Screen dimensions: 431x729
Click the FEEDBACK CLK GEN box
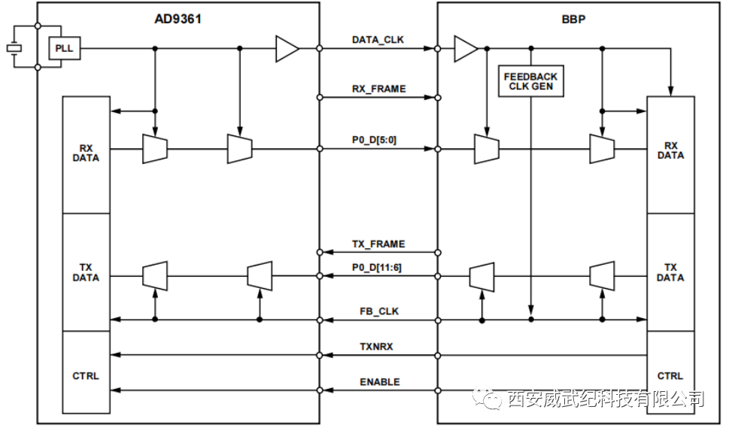(530, 81)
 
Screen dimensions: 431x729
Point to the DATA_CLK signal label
(378, 40)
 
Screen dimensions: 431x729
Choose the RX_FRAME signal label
(378, 89)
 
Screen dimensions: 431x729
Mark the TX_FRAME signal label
(378, 244)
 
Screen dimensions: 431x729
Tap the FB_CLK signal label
(379, 311)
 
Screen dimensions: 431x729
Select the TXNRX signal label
(376, 347)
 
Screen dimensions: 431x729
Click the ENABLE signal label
(379, 382)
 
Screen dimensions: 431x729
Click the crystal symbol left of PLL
(14, 49)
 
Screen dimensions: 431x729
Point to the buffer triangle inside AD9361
(287, 49)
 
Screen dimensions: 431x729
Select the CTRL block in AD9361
(86, 375)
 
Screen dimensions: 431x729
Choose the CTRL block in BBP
(670, 375)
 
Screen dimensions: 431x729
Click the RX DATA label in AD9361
(86, 153)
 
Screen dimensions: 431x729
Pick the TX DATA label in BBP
(670, 272)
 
